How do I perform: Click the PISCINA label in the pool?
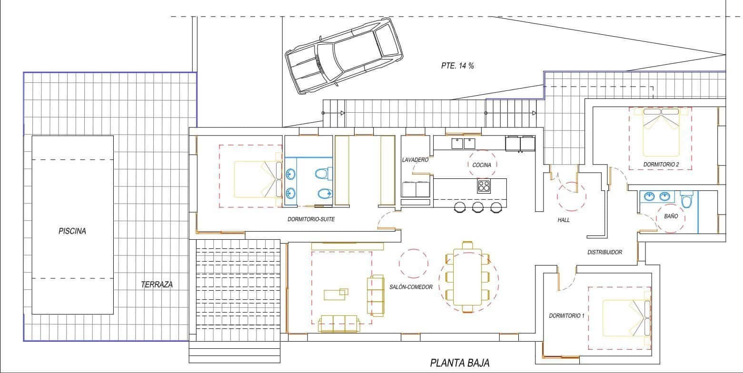[72, 232]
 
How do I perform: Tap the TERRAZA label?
[157, 285]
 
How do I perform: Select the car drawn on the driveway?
[343, 56]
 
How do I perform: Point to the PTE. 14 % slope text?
[457, 66]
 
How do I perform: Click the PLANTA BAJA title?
[459, 363]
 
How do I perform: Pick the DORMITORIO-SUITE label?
[311, 220]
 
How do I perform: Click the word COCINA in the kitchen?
[483, 165]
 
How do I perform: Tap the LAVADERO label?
[415, 160]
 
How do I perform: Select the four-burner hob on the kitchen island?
[484, 186]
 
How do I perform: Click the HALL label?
[564, 220]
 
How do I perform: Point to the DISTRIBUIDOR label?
[604, 253]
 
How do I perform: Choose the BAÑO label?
[671, 216]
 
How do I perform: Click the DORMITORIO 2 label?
[661, 165]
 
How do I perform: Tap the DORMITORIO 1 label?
[566, 316]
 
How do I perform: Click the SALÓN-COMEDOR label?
[411, 287]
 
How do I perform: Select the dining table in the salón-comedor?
[467, 277]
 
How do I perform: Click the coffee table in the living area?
[336, 294]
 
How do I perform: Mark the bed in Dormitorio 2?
[661, 132]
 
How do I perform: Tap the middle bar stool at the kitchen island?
[478, 207]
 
